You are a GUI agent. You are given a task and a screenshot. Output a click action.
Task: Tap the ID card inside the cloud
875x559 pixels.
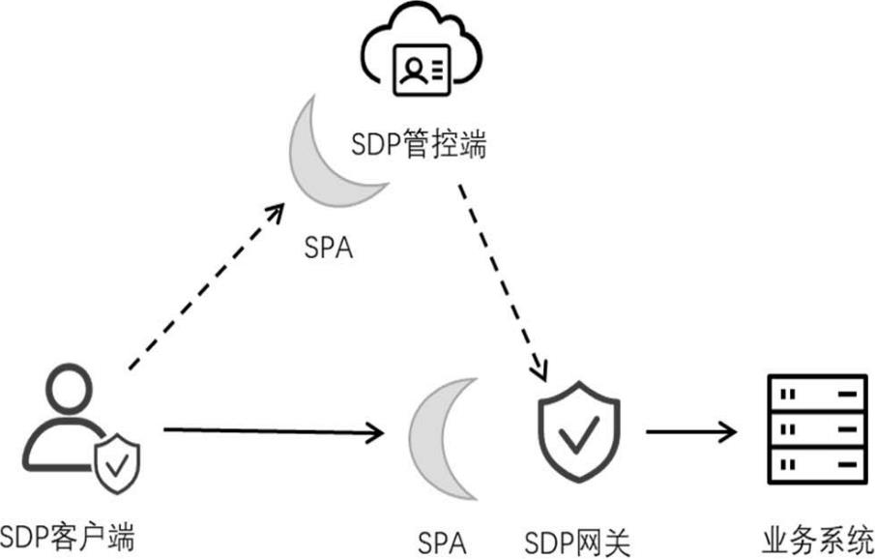421,70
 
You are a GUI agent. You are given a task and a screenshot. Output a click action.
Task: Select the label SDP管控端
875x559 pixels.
419,147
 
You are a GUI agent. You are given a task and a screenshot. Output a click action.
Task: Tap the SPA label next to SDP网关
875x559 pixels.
442,539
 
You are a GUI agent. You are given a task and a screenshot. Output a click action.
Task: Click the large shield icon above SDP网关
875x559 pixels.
579,430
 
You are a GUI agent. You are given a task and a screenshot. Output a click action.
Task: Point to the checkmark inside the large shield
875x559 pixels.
579,437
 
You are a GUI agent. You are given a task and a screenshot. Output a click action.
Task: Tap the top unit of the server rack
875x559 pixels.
812,394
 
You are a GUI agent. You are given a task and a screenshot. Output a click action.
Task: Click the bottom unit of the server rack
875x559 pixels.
812,465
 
